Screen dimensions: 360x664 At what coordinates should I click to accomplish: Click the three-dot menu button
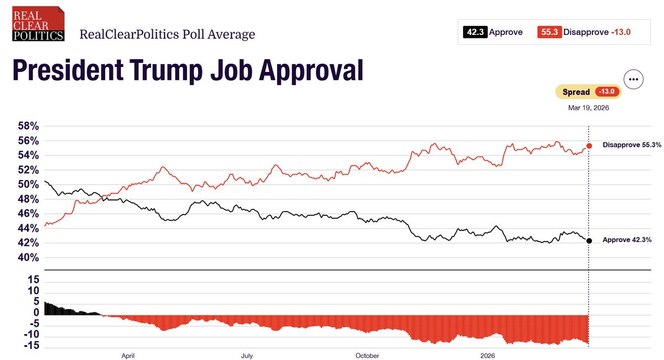(634, 79)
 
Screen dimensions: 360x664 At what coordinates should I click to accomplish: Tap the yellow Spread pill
(588, 92)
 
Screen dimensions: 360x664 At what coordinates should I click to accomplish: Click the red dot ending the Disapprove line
(589, 146)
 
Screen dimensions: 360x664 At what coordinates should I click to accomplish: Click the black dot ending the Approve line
(589, 240)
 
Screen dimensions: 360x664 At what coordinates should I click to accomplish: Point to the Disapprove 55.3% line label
(632, 145)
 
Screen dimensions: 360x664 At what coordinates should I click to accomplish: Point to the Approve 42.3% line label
(626, 240)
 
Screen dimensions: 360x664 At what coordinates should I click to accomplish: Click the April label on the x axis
(128, 356)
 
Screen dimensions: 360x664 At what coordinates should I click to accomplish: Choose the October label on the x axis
(367, 356)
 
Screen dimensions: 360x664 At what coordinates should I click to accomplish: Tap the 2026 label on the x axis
(488, 356)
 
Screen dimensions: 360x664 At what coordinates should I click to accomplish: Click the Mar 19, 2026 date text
(588, 108)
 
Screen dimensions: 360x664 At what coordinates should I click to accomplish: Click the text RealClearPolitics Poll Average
(167, 34)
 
